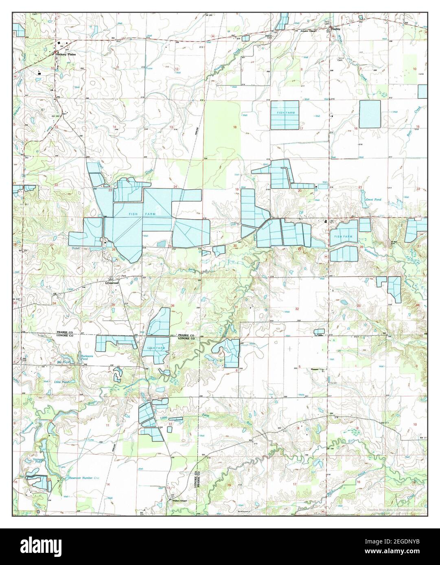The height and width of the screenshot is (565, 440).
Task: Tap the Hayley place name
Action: coord(335,30)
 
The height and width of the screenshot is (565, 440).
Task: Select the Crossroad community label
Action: coord(112,282)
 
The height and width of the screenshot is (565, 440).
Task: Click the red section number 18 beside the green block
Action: coord(234,127)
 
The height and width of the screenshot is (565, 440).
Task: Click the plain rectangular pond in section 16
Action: coord(370,113)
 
